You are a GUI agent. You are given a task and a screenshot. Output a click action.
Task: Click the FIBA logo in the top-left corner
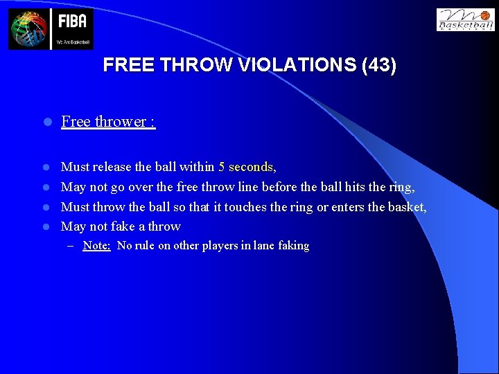51,28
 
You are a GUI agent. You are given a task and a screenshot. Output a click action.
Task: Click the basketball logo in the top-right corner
466,20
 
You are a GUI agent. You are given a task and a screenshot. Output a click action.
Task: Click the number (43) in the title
379,66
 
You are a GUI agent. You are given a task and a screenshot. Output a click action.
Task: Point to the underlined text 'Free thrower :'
108,122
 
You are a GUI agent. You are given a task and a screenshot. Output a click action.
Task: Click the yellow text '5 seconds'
245,167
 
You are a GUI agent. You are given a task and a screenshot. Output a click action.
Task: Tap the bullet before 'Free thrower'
46,122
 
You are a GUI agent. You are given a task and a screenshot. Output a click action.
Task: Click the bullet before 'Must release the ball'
46,167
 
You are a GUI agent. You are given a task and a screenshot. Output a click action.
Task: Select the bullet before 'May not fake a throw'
46,226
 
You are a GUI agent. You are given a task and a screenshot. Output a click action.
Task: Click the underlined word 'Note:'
97,245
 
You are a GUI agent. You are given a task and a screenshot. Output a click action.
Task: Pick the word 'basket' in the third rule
405,206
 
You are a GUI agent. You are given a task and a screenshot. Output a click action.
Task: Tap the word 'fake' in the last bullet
122,226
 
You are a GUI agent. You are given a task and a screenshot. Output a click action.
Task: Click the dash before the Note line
73,245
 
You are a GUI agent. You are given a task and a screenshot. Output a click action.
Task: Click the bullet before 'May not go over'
46,186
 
